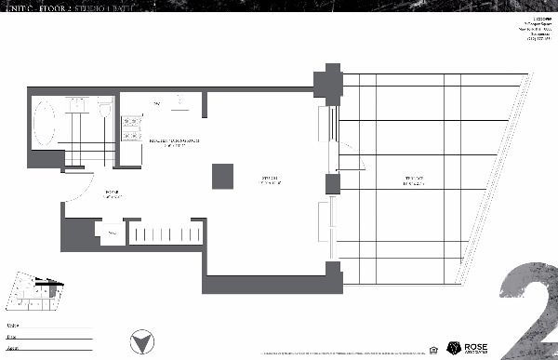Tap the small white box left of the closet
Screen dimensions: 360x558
[x=112, y=233]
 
